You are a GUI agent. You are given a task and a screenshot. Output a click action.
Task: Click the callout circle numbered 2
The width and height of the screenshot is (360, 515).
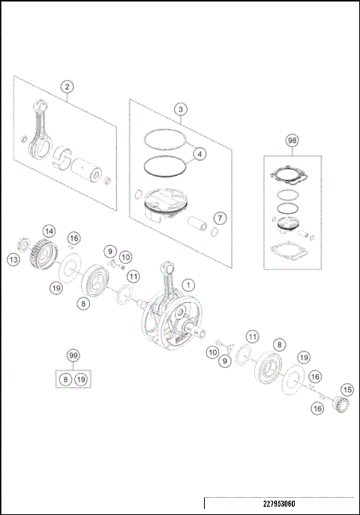tap(67, 87)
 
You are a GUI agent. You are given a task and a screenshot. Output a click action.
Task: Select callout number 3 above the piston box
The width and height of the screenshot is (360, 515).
tap(181, 109)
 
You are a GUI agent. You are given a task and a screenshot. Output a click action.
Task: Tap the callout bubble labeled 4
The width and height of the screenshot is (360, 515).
tap(199, 155)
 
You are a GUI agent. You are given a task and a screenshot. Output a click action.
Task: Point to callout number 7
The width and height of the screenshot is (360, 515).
tap(219, 218)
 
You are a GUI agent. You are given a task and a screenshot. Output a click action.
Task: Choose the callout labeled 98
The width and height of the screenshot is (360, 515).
tap(292, 140)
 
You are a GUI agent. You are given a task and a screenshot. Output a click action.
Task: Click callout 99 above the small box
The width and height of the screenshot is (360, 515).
tap(73, 356)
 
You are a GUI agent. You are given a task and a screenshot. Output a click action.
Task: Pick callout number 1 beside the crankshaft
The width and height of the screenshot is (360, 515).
tap(188, 285)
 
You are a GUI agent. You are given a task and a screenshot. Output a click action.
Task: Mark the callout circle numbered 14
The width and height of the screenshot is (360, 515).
tap(49, 231)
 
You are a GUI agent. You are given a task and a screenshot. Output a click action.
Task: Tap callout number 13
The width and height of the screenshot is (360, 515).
tap(13, 259)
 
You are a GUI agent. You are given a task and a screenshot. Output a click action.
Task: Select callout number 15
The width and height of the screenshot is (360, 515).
tap(346, 390)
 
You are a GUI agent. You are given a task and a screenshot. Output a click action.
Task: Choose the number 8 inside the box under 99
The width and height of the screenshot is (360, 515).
tap(66, 380)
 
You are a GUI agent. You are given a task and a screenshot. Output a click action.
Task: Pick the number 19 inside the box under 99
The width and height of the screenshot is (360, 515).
tap(81, 380)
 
